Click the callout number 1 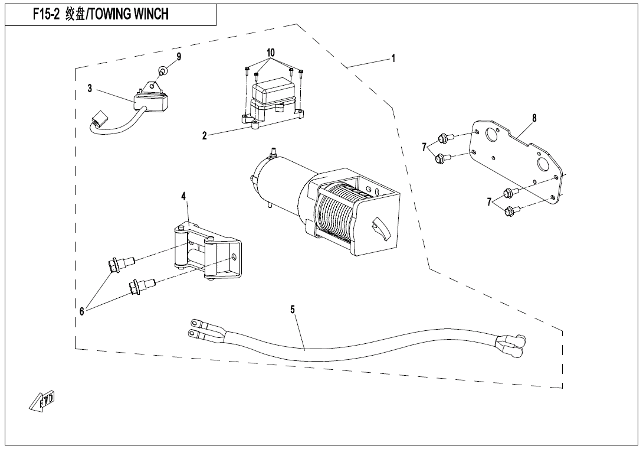(x=393, y=58)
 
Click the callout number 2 (x=205, y=136)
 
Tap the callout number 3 (x=90, y=89)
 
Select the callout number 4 (x=184, y=196)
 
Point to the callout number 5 (x=293, y=309)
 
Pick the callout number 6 (x=82, y=311)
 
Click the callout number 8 (x=534, y=118)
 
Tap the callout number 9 (x=179, y=57)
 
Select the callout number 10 (x=271, y=53)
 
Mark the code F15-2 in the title (x=47, y=14)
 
